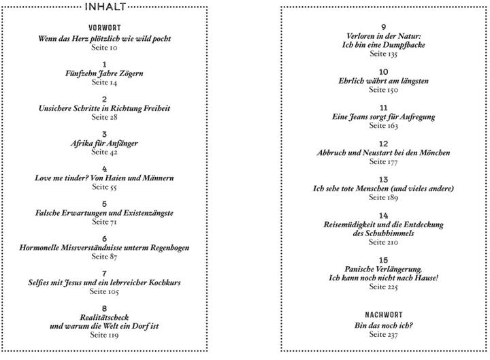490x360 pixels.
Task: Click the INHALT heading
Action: (105, 7)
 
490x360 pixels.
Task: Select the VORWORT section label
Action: (104, 28)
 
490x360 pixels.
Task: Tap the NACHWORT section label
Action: (383, 314)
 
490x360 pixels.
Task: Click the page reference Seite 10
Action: (104, 48)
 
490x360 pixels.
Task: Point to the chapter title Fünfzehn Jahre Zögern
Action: (104, 73)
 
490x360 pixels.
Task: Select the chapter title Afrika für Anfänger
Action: (104, 144)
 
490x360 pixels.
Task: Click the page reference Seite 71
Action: (104, 222)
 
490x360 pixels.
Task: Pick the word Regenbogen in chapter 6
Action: (169, 248)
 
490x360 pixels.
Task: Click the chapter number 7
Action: (104, 274)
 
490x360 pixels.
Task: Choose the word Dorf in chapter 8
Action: (140, 326)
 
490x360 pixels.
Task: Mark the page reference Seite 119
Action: (104, 335)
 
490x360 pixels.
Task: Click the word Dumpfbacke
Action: (404, 45)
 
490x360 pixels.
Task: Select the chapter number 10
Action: (383, 72)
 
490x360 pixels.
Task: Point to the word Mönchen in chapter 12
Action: (435, 153)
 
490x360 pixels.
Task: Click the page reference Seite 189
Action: (383, 197)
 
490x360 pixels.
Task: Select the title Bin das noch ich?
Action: (383, 325)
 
